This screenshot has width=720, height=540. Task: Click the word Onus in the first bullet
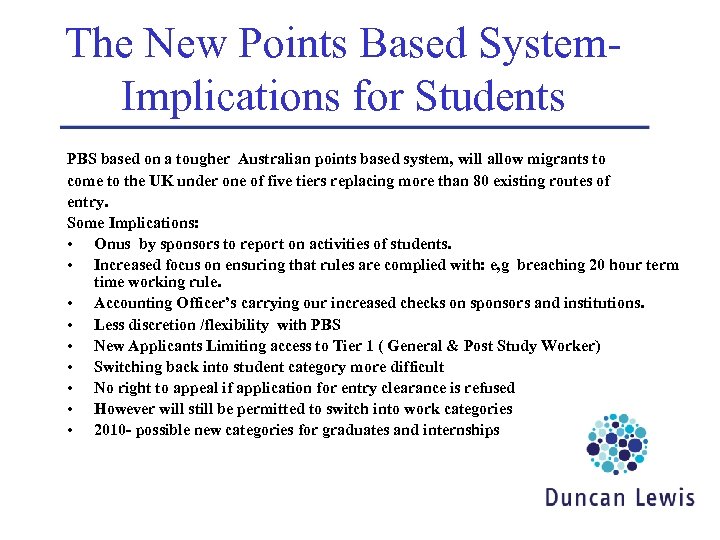tap(114, 244)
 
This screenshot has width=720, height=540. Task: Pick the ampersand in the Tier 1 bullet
tap(448, 345)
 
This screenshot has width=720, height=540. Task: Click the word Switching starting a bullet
tap(129, 366)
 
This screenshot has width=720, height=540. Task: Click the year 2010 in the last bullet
tap(111, 429)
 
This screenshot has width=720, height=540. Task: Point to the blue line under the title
tap(355, 128)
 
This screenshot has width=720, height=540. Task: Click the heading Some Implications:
tap(131, 223)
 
